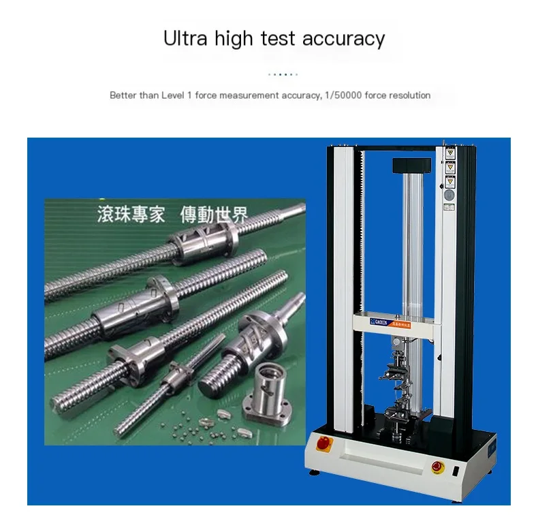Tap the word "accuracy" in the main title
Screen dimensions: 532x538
coord(343,39)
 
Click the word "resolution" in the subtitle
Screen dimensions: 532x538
coord(409,95)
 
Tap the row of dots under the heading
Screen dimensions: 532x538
coord(283,74)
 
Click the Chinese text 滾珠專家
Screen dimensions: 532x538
coord(131,215)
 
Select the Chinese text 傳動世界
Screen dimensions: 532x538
coord(213,215)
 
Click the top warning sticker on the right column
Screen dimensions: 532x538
coord(449,153)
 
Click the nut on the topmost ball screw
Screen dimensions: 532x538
coord(202,243)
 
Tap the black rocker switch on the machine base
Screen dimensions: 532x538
coord(456,469)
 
